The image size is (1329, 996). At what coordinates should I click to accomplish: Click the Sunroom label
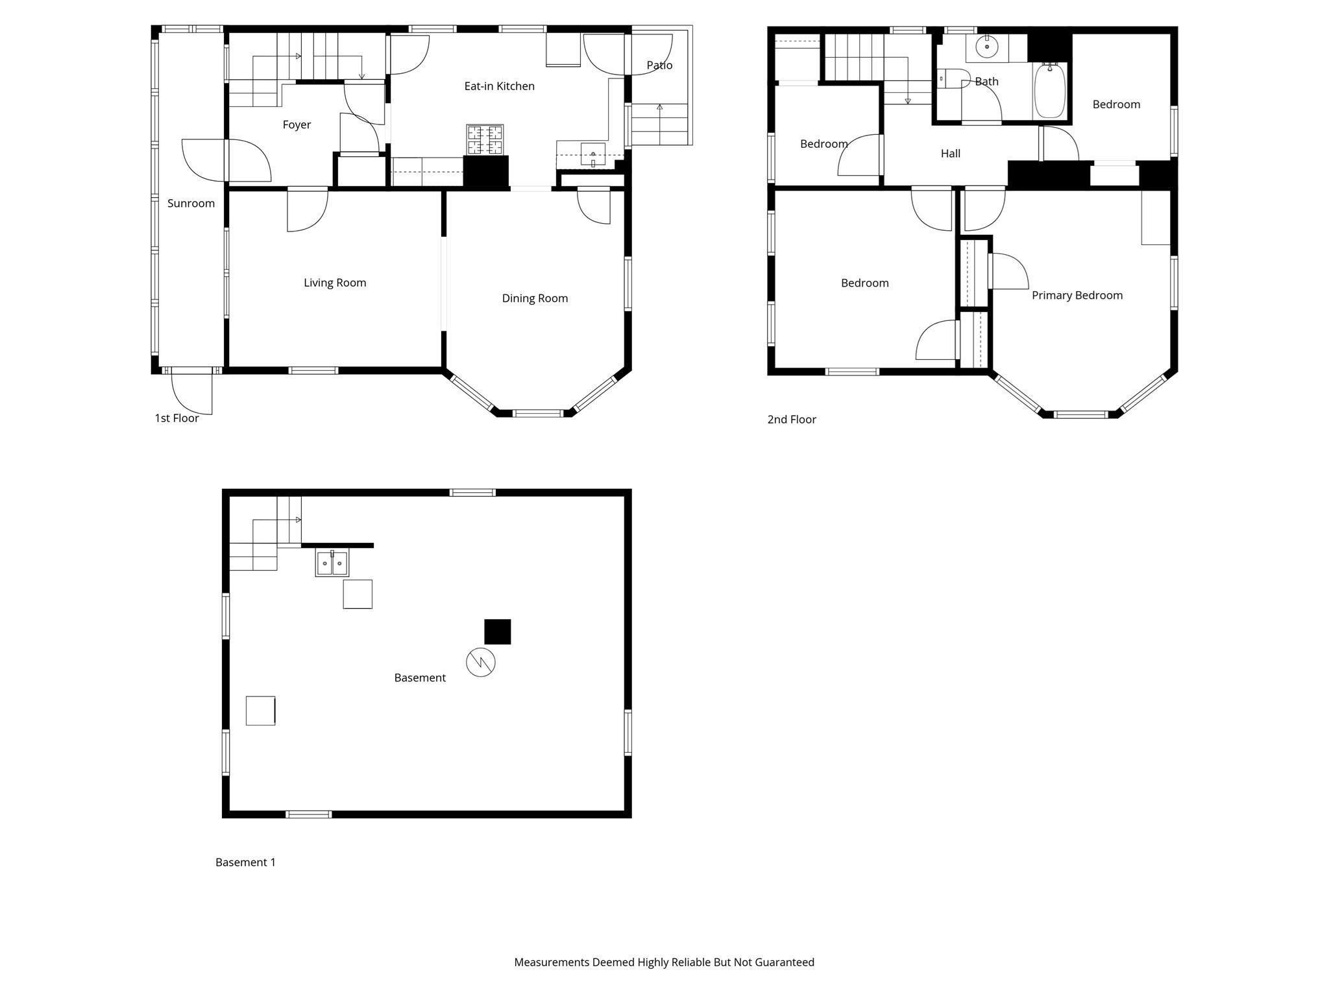[191, 204]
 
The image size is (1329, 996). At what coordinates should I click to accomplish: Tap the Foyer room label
[297, 125]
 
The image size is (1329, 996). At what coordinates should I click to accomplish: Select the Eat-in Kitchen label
[499, 86]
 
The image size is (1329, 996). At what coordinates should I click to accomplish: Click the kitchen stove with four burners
[485, 140]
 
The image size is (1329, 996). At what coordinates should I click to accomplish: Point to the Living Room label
[335, 283]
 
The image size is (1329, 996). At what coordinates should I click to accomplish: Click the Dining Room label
[535, 298]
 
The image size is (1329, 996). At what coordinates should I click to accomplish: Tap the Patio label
[659, 65]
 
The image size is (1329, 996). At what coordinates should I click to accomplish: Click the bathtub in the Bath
[1049, 91]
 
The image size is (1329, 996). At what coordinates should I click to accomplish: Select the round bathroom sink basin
[986, 47]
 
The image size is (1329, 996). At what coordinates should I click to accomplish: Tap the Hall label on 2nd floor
[950, 154]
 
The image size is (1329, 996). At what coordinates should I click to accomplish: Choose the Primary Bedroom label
[1077, 296]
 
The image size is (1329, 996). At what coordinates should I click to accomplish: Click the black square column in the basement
[498, 632]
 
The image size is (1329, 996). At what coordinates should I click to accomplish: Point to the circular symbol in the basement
[481, 662]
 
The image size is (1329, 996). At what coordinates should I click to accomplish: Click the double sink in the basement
[332, 563]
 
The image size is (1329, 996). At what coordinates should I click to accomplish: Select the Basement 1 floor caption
[245, 862]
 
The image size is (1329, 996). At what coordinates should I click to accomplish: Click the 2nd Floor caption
[792, 420]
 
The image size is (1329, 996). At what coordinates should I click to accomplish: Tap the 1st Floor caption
[177, 418]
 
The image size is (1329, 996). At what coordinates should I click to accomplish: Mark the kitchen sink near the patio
[592, 155]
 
